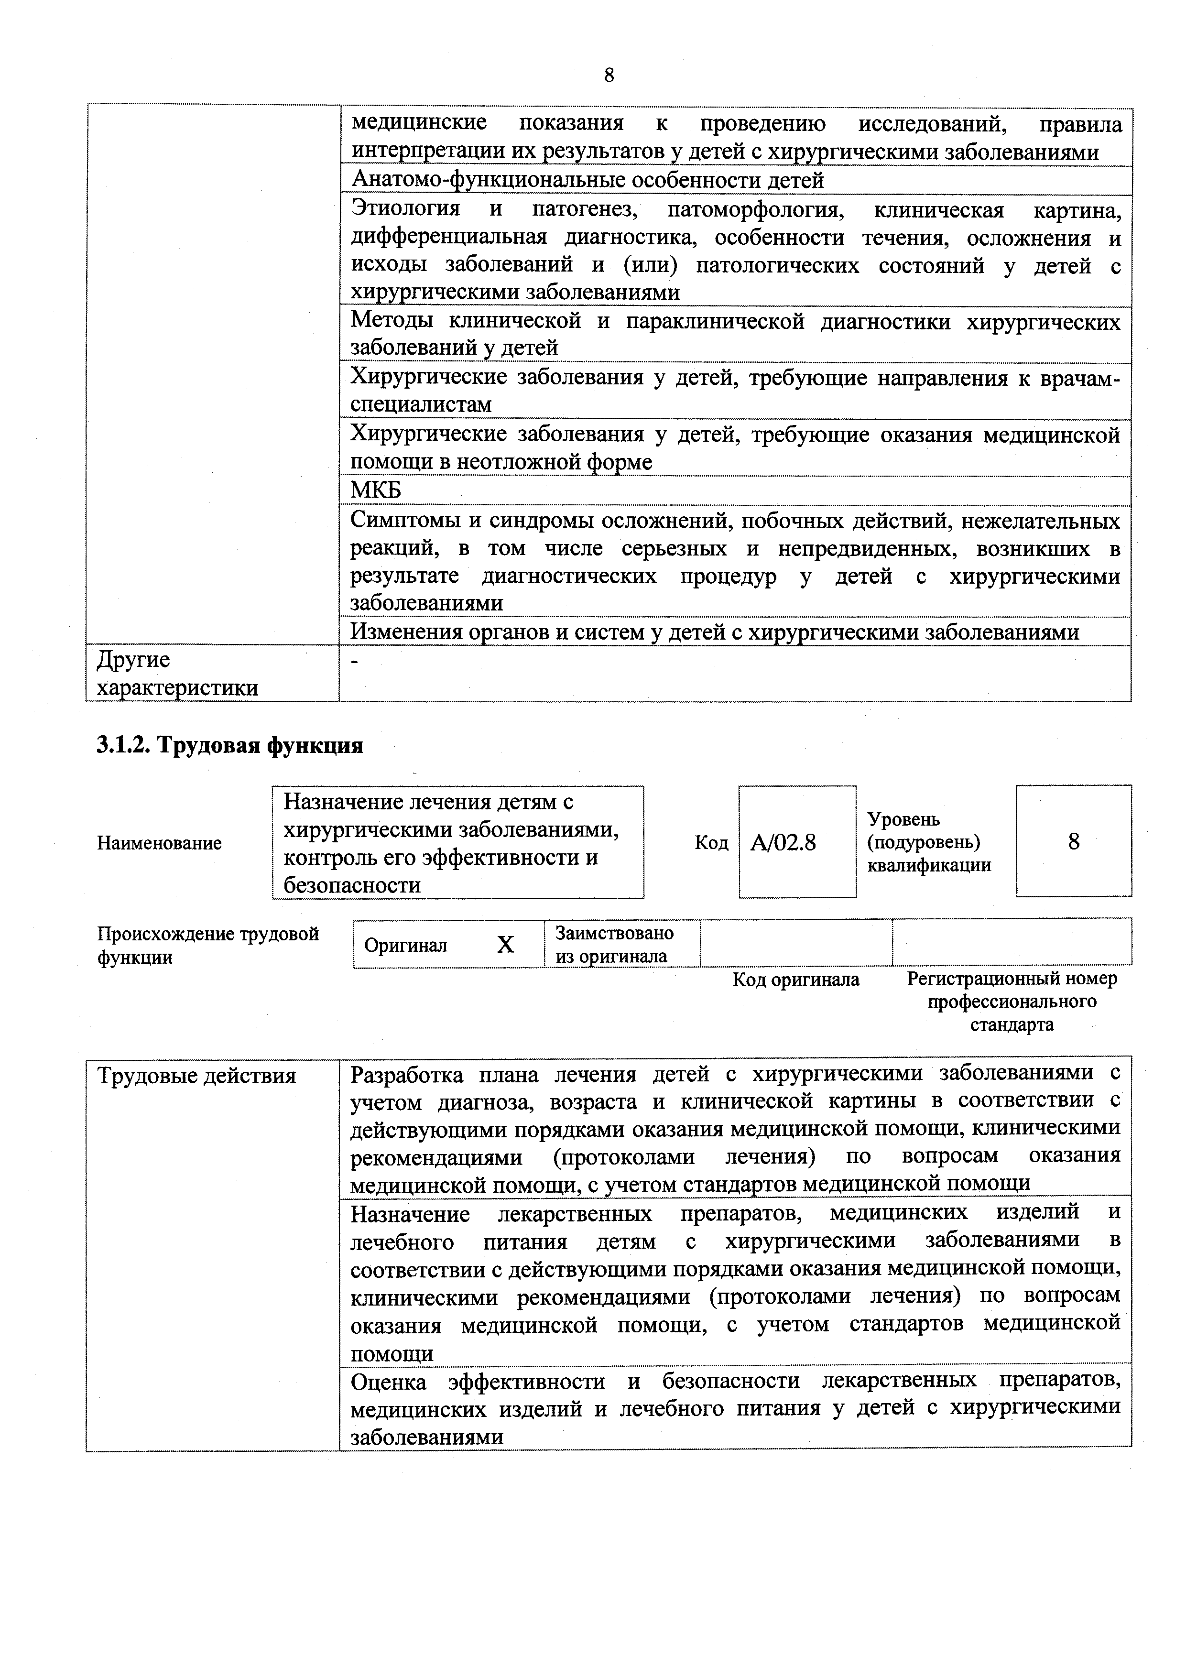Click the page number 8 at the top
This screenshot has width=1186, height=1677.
pyautogui.click(x=609, y=75)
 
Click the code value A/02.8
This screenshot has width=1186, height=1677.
pyautogui.click(x=783, y=843)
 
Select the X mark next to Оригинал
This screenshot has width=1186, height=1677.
pyautogui.click(x=505, y=945)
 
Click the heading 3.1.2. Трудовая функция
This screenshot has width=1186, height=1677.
pyautogui.click(x=230, y=746)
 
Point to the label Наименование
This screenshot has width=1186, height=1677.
pyautogui.click(x=159, y=843)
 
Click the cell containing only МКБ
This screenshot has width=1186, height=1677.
pyautogui.click(x=376, y=490)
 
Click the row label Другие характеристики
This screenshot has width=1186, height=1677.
pyautogui.click(x=177, y=674)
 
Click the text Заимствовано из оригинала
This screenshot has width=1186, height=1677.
pyautogui.click(x=614, y=945)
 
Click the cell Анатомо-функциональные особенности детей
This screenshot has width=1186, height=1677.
pyautogui.click(x=588, y=180)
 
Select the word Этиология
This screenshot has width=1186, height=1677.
pyautogui.click(x=406, y=209)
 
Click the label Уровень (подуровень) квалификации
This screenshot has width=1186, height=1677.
pyautogui.click(x=928, y=842)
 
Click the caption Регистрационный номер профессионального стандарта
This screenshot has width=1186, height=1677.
pyautogui.click(x=1012, y=1002)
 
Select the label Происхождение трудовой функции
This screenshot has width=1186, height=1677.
pyautogui.click(x=208, y=945)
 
